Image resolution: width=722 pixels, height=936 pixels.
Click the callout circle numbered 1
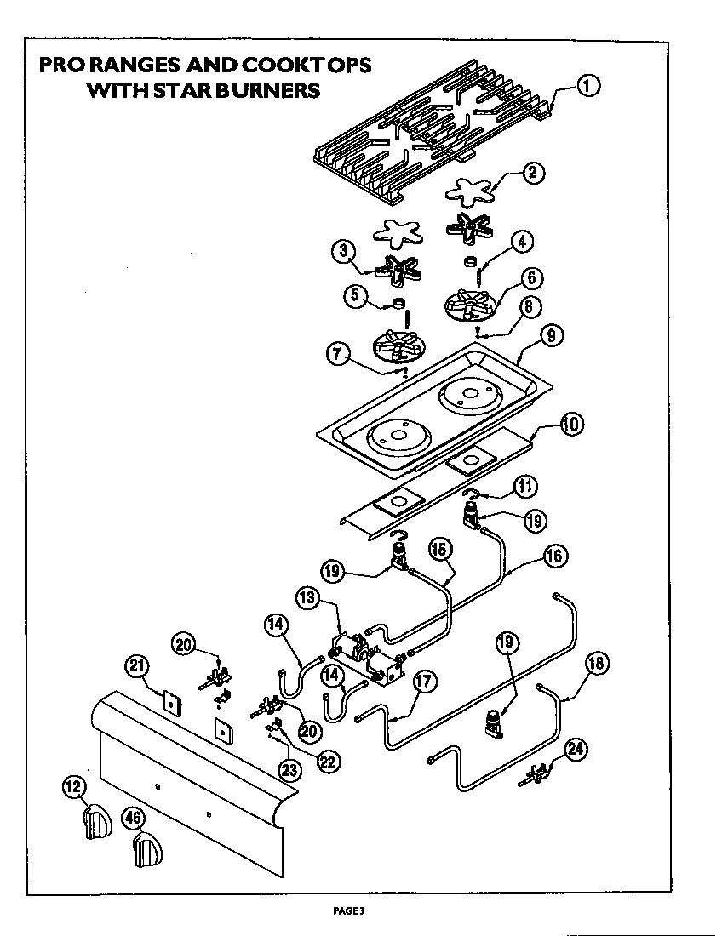point(588,85)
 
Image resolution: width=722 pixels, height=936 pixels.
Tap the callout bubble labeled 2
point(532,173)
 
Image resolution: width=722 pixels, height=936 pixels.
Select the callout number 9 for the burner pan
point(550,336)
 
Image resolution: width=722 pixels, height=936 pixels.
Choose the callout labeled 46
point(131,818)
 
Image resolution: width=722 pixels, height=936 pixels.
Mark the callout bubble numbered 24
point(576,749)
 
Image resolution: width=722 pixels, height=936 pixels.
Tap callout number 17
point(426,681)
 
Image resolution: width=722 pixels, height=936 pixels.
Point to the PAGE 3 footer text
point(348,910)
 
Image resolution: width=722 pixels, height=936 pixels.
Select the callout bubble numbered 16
point(553,557)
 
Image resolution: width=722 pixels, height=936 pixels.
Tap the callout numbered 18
point(597,664)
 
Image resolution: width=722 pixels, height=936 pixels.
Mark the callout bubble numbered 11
point(525,486)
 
